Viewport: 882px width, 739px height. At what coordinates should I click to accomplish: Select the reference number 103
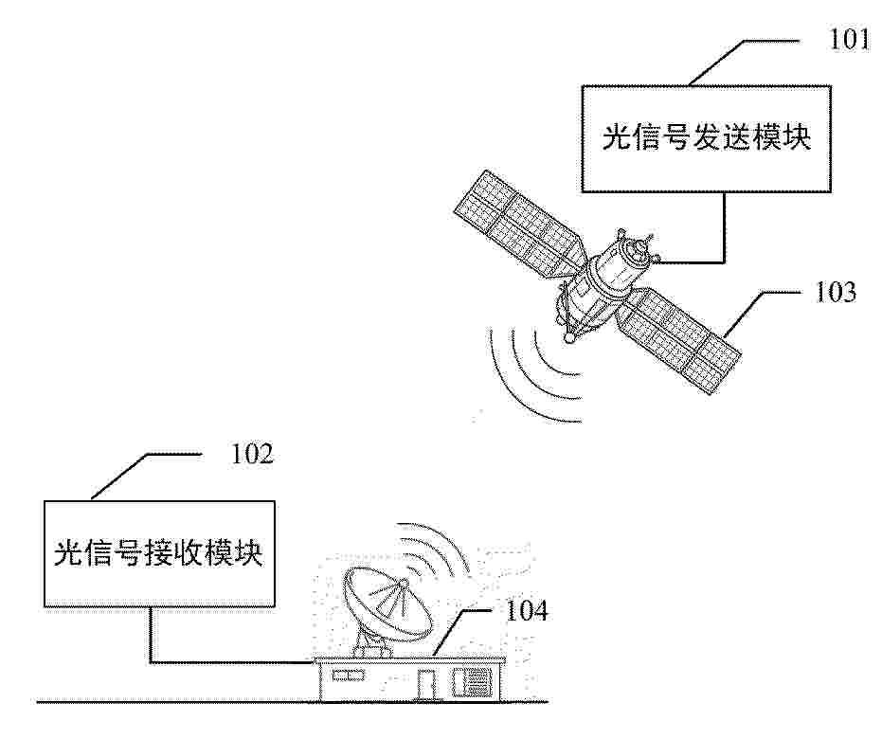836,293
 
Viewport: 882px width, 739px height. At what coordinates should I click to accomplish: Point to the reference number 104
527,611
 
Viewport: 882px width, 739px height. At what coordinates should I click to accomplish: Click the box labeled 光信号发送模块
707,139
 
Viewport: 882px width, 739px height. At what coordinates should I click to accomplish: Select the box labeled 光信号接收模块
160,554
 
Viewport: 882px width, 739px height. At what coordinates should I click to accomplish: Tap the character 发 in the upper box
707,137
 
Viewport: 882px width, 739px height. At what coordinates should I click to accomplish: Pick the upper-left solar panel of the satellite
520,225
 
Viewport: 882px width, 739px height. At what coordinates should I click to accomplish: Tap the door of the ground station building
427,685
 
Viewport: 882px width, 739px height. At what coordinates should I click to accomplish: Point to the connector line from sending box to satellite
725,236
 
